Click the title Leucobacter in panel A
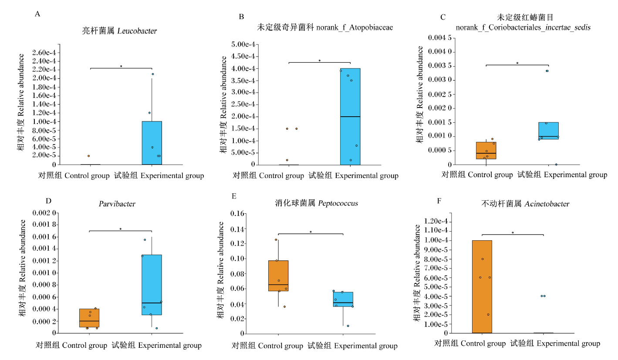click(x=137, y=30)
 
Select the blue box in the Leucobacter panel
click(x=152, y=143)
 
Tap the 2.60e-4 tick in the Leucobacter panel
click(x=44, y=52)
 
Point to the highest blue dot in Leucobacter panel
click(x=153, y=74)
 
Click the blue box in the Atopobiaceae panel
click(x=350, y=116)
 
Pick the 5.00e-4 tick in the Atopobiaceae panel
click(x=243, y=44)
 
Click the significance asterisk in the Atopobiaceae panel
click(x=320, y=61)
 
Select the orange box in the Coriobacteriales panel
click(x=486, y=150)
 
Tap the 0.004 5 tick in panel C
click(x=440, y=37)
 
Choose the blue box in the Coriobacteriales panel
click(x=548, y=131)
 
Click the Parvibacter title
click(x=117, y=204)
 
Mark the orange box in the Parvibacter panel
click(x=89, y=318)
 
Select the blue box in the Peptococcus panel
click(x=343, y=299)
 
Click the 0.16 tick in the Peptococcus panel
click(x=237, y=213)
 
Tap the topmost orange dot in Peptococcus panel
click(x=276, y=240)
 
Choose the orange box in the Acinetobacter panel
click(x=482, y=286)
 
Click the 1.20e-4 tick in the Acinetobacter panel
click(x=436, y=221)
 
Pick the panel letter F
click(x=439, y=201)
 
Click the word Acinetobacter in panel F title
click(x=547, y=204)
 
